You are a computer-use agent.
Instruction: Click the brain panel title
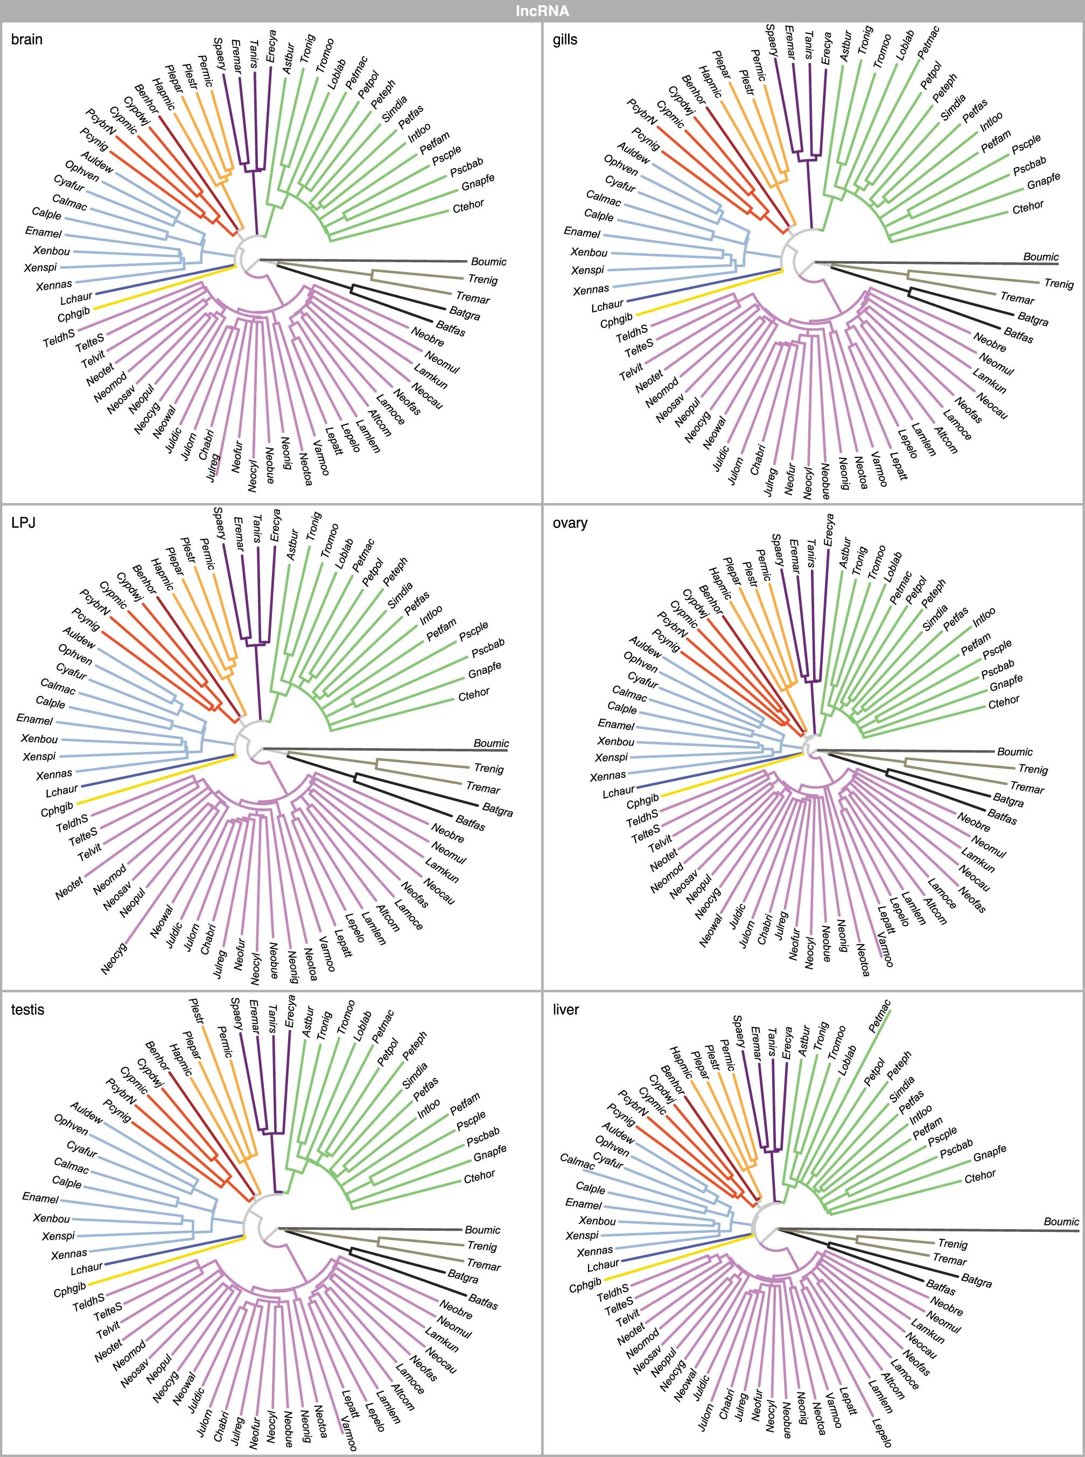(27, 39)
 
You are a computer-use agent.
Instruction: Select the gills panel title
(565, 39)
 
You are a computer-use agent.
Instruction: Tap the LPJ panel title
(23, 523)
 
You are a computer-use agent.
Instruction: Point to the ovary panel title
(570, 523)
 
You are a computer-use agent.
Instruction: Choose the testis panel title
(27, 1009)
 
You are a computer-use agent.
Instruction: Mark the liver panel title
(565, 1009)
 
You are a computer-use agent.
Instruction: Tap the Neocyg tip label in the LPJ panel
(114, 958)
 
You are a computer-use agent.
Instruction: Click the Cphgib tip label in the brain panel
(74, 315)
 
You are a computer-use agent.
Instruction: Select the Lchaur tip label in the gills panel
(607, 306)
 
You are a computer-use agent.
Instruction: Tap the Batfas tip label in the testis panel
(483, 1301)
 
